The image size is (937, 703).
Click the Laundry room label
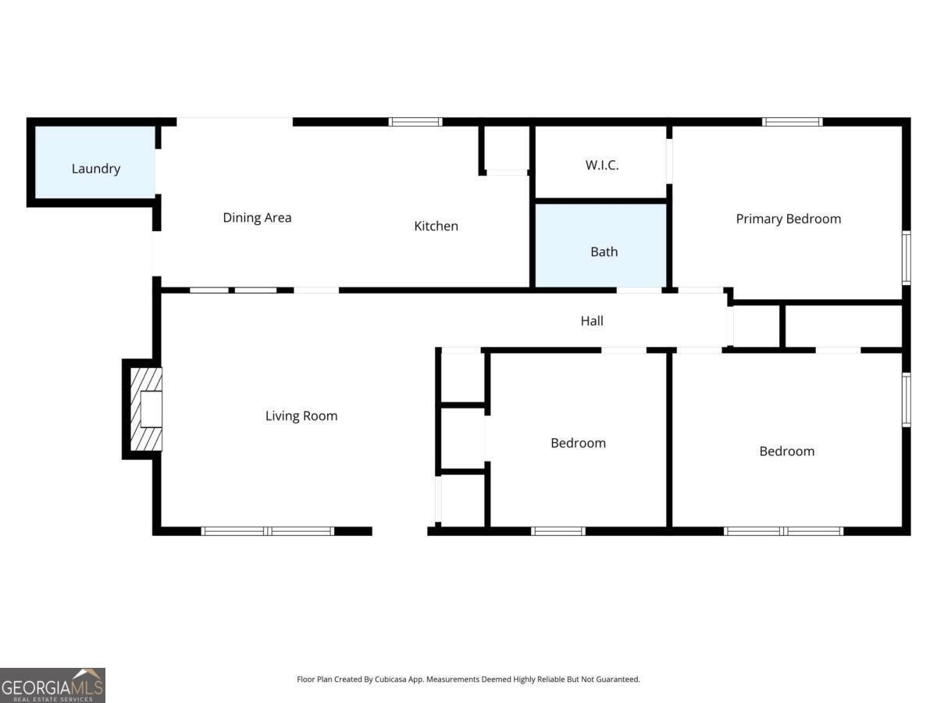(x=96, y=169)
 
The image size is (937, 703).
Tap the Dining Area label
(x=257, y=218)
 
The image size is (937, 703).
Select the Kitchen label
(x=436, y=227)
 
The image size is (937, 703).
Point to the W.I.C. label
(x=601, y=166)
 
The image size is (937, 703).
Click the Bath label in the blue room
(x=604, y=252)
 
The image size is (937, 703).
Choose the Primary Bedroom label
(x=788, y=219)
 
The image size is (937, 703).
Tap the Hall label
(x=592, y=321)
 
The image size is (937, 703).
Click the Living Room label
(x=301, y=416)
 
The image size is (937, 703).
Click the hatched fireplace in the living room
(x=146, y=409)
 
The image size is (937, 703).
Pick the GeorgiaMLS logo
(x=52, y=685)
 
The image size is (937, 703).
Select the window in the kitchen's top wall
(x=415, y=122)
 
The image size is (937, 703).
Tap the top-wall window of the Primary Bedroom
(x=792, y=122)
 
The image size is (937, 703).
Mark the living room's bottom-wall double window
(x=268, y=531)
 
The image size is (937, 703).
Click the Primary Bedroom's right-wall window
(x=907, y=257)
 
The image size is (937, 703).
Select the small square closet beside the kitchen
(x=506, y=148)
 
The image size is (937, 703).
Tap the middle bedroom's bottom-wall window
(x=558, y=531)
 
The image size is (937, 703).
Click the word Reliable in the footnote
(x=548, y=680)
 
